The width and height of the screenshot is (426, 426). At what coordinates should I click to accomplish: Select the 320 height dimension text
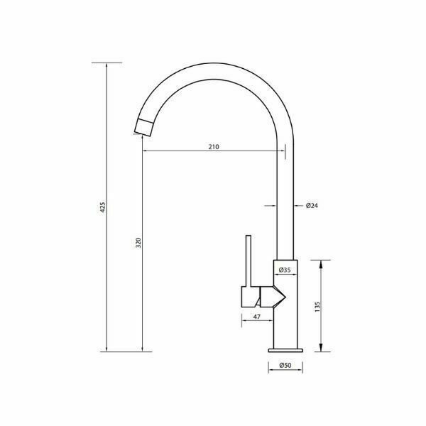(x=140, y=243)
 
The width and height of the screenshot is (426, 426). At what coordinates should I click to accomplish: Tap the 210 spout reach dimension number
(x=214, y=147)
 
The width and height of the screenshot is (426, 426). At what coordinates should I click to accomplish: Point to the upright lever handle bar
(x=249, y=260)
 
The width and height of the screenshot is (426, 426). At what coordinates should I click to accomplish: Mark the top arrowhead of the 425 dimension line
(x=106, y=65)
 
